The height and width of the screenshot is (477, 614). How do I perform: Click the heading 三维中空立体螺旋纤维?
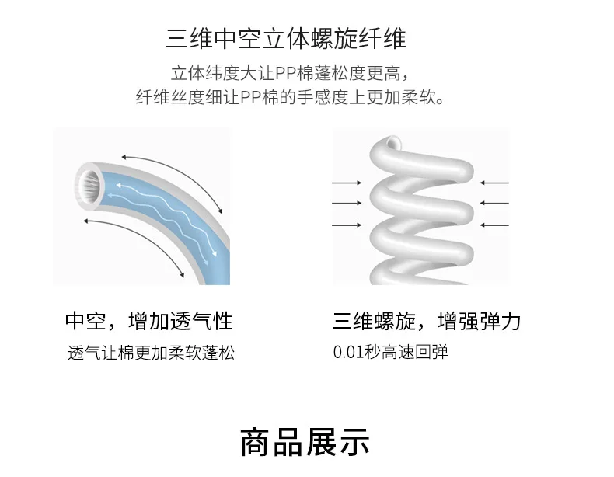[x=286, y=39]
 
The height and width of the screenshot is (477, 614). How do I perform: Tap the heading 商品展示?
[x=305, y=442]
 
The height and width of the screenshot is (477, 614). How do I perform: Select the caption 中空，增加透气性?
[x=149, y=321]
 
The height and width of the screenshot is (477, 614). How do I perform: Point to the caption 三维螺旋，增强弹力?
[x=427, y=321]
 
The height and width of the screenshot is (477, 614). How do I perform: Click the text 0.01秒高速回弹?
[x=390, y=352]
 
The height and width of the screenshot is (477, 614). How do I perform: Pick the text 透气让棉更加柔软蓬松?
[x=151, y=353]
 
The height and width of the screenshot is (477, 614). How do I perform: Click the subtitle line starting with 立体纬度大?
[x=289, y=74]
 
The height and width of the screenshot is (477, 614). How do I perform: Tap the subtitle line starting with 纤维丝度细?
[x=290, y=97]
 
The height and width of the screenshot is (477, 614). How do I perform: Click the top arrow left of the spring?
[x=347, y=183]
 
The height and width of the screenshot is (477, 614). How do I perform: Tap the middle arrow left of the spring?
[x=347, y=203]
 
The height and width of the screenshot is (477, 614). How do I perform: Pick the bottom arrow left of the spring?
[x=347, y=225]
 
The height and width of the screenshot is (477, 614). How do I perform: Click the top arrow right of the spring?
[x=494, y=183]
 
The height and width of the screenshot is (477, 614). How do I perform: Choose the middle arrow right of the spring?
[x=494, y=203]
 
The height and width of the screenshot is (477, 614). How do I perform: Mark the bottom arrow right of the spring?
[x=494, y=225]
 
